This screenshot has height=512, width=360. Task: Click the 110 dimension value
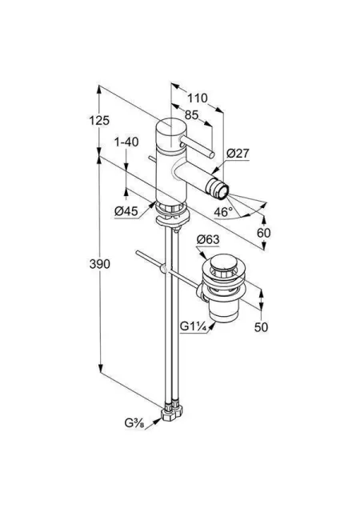(x=197, y=98)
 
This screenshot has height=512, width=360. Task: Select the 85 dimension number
(x=191, y=115)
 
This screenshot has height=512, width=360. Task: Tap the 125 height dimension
(x=99, y=121)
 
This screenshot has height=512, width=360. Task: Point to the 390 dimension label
(x=100, y=264)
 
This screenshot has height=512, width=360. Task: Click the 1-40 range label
(x=126, y=142)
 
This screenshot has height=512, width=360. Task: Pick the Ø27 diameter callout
(x=238, y=153)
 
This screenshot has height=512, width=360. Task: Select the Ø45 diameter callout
(x=126, y=211)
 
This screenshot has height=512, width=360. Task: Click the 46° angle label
(x=223, y=212)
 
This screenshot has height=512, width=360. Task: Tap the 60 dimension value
(x=264, y=233)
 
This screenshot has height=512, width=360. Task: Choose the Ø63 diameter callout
(x=208, y=240)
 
